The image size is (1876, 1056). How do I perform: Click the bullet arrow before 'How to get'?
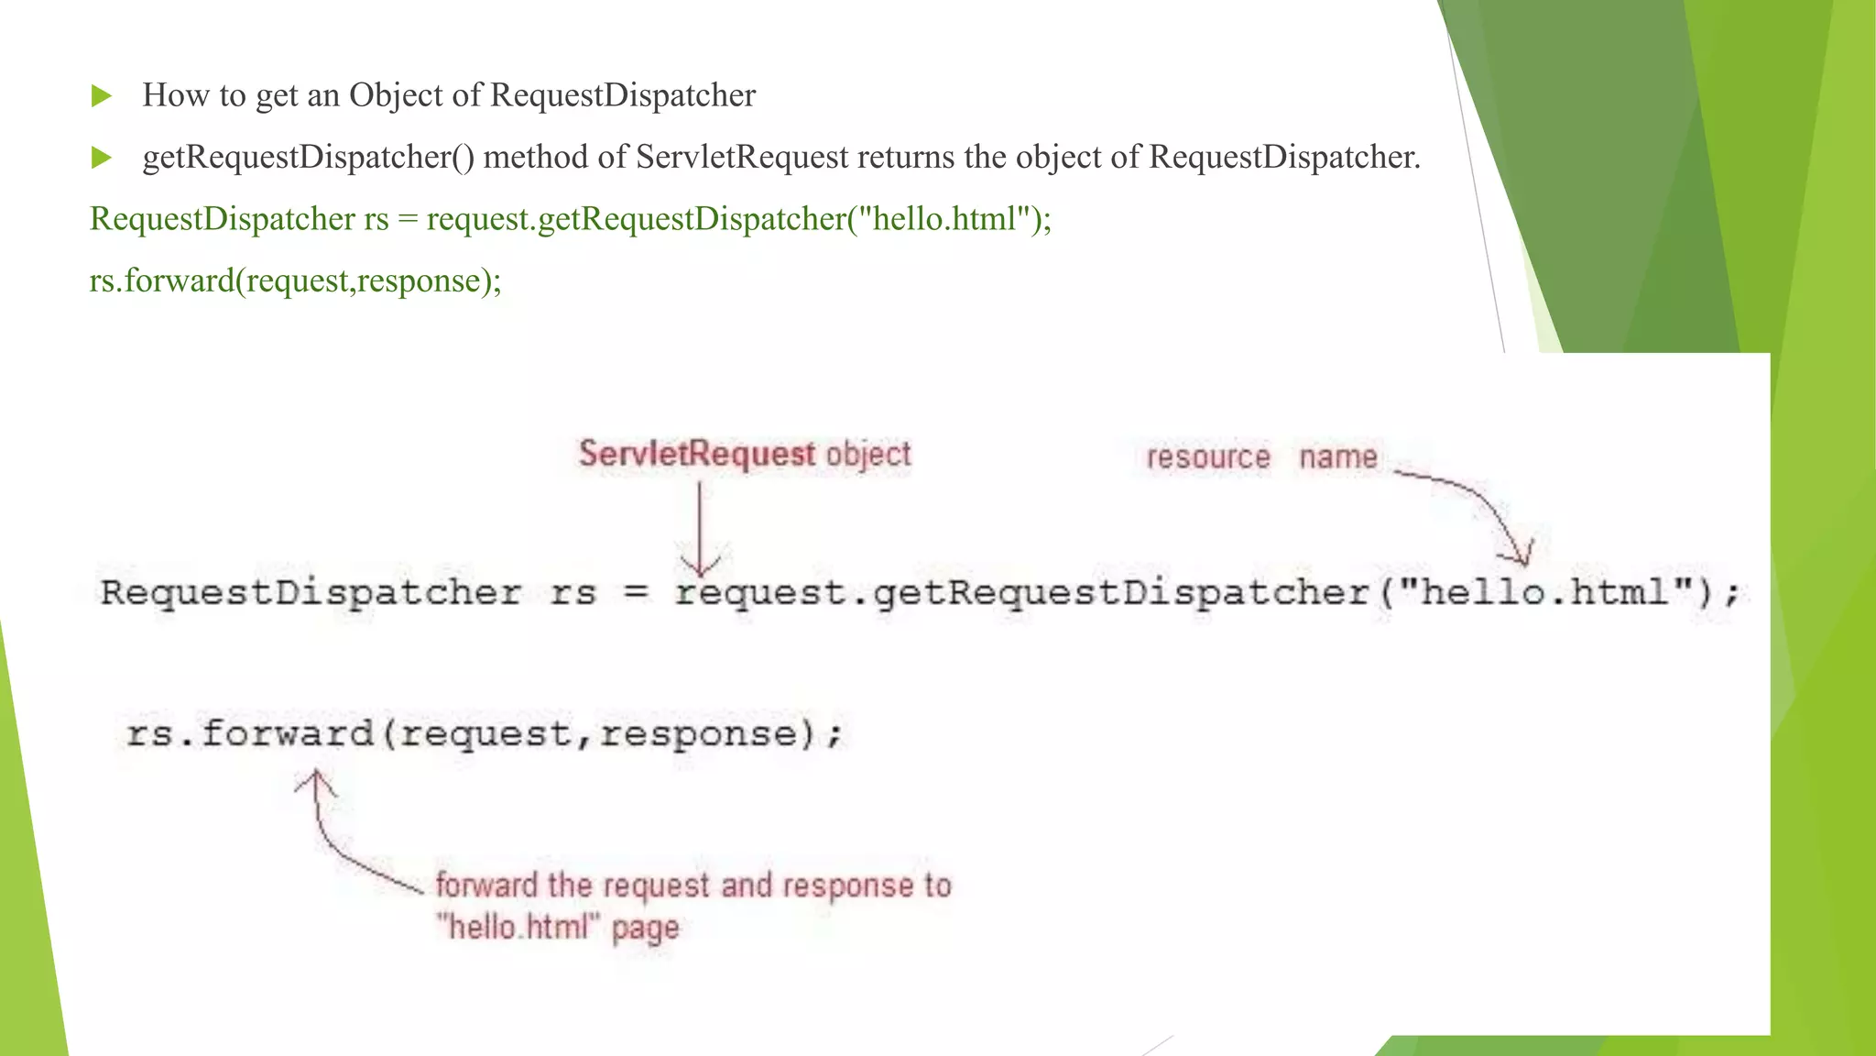pyautogui.click(x=102, y=96)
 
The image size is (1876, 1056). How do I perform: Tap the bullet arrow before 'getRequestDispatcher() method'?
pyautogui.click(x=102, y=158)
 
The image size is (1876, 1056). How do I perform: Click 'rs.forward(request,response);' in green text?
pyautogui.click(x=295, y=280)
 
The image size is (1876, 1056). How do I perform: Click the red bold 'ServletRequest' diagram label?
pyautogui.click(x=696, y=454)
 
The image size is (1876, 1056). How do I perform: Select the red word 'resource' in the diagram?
pyautogui.click(x=1208, y=456)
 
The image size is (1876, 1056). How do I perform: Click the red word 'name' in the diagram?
pyautogui.click(x=1337, y=456)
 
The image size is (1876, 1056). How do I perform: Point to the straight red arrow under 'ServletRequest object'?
pyautogui.click(x=700, y=527)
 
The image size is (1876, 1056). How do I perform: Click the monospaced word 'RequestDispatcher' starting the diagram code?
pyautogui.click(x=311, y=593)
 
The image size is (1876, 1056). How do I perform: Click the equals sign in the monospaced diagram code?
pyautogui.click(x=636, y=592)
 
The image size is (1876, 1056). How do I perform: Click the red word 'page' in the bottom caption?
pyautogui.click(x=645, y=928)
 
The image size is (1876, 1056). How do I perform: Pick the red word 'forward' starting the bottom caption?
pyautogui.click(x=486, y=885)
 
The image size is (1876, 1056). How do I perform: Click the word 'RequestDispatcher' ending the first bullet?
pyautogui.click(x=623, y=96)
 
